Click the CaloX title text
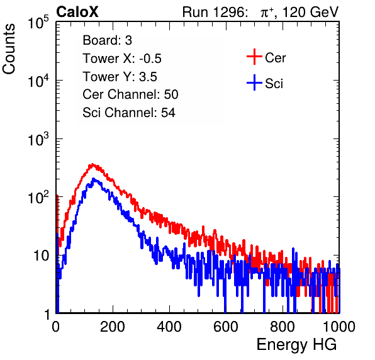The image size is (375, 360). point(77,12)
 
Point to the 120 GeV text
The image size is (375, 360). point(311,12)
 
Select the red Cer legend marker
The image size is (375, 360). point(254,57)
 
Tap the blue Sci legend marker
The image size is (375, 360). point(254,83)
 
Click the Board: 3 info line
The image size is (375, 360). point(108,40)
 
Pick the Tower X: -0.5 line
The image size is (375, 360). point(122,59)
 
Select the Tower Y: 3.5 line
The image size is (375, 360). point(120,77)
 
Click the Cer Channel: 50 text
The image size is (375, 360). point(130,94)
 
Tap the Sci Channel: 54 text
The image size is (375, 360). point(129,113)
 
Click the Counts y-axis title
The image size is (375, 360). point(9,49)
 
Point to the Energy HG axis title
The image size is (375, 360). point(296,345)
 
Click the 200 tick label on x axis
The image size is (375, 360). point(113,327)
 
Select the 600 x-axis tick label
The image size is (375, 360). point(226,327)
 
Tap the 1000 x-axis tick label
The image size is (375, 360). point(339,327)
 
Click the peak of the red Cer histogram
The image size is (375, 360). point(92,164)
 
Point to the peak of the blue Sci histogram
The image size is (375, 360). point(93,179)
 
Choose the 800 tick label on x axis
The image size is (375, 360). point(283,327)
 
